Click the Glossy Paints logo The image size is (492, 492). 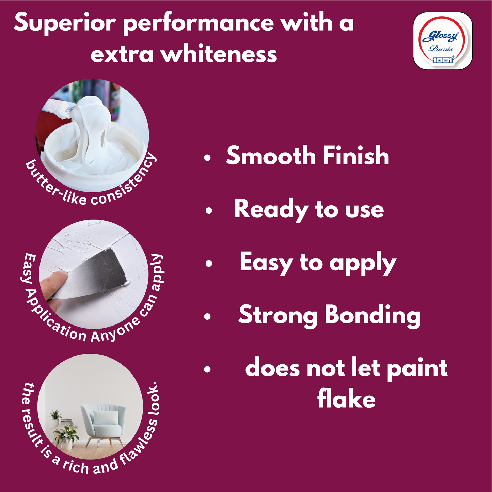click(442, 41)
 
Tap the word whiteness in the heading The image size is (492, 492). click(219, 54)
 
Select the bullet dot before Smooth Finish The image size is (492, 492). click(207, 158)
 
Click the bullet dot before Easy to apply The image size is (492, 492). click(209, 264)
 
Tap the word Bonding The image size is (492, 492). click(372, 315)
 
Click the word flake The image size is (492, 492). click(346, 399)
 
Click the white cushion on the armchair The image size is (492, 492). click(106, 418)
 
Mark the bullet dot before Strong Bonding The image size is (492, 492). click(207, 317)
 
